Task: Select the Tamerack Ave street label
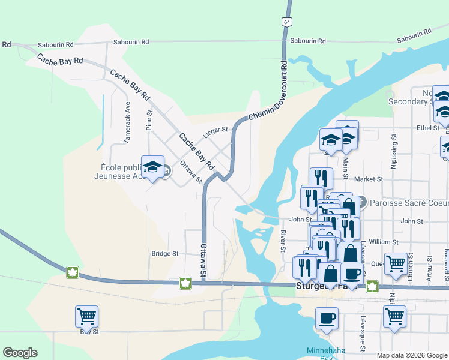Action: (127, 122)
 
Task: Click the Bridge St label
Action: (165, 254)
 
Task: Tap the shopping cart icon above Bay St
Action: (87, 316)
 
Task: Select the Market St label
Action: (369, 179)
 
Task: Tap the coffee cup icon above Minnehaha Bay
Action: (327, 318)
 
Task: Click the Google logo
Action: (20, 353)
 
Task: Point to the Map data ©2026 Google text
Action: (412, 355)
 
